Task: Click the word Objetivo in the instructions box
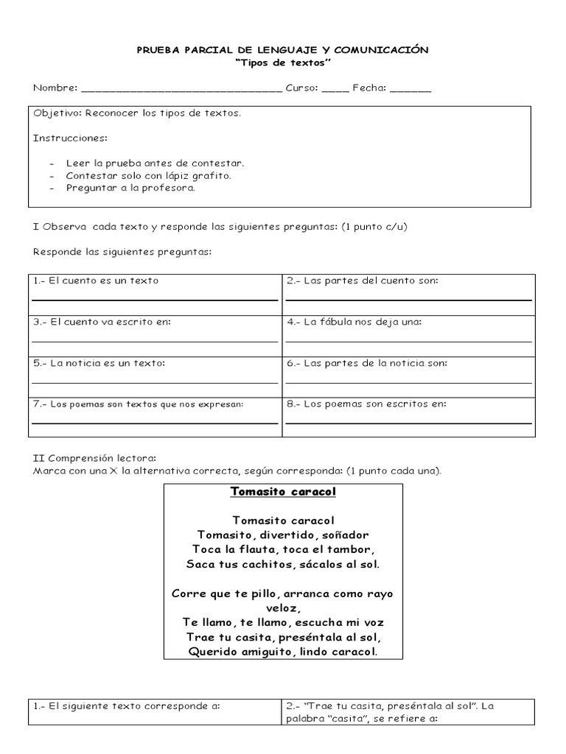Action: click(x=57, y=113)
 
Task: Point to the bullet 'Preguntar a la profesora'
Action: click(x=130, y=188)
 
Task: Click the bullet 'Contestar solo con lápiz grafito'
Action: click(x=148, y=175)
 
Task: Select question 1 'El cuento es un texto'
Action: click(x=96, y=281)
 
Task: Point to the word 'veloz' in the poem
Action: click(x=283, y=607)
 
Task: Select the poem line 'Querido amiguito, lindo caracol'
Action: click(x=283, y=652)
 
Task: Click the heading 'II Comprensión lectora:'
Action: click(x=94, y=457)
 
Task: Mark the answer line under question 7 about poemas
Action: click(x=154, y=423)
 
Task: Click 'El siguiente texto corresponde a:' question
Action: click(x=127, y=705)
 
